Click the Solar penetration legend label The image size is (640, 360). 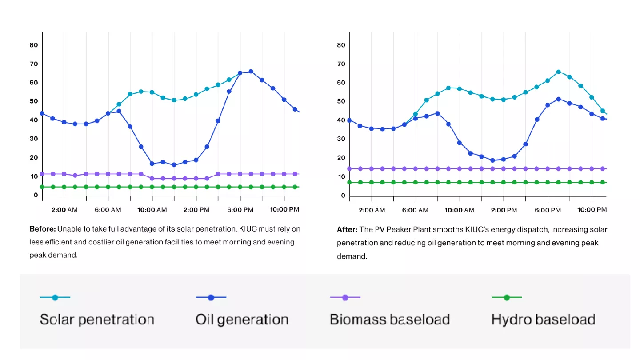(x=97, y=320)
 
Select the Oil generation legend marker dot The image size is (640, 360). (x=211, y=297)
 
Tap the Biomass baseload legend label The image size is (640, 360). (x=390, y=320)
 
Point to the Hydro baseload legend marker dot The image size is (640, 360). (x=507, y=297)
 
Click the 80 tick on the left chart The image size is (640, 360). (x=34, y=45)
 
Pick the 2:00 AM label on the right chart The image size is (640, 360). (x=372, y=210)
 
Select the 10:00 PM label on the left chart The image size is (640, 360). (x=284, y=209)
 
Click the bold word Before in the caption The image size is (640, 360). (x=43, y=229)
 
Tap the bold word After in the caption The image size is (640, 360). (x=347, y=229)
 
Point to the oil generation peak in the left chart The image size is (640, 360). (x=251, y=72)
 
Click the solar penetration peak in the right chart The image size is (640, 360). (x=559, y=72)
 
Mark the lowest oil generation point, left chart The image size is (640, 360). (x=174, y=165)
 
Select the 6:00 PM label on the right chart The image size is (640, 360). (x=548, y=210)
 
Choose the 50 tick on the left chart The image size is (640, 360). (x=34, y=101)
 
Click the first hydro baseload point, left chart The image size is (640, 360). (x=42, y=187)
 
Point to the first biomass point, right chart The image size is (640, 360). (x=350, y=169)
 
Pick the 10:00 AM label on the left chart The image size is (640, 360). (x=152, y=209)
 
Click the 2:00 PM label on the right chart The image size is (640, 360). (x=504, y=210)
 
